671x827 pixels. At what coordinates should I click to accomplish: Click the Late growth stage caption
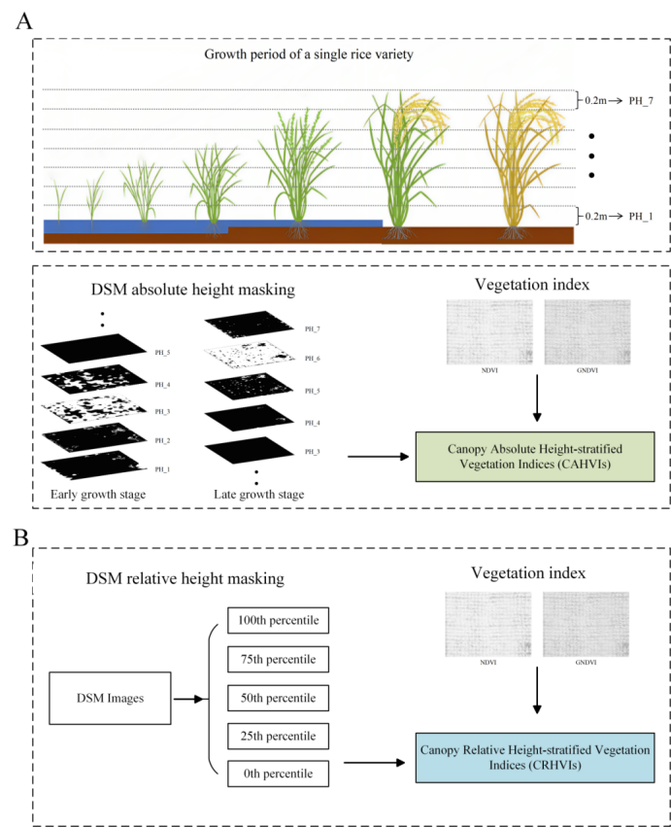click(x=257, y=495)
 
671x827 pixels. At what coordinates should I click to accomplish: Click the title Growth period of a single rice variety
click(x=309, y=54)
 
